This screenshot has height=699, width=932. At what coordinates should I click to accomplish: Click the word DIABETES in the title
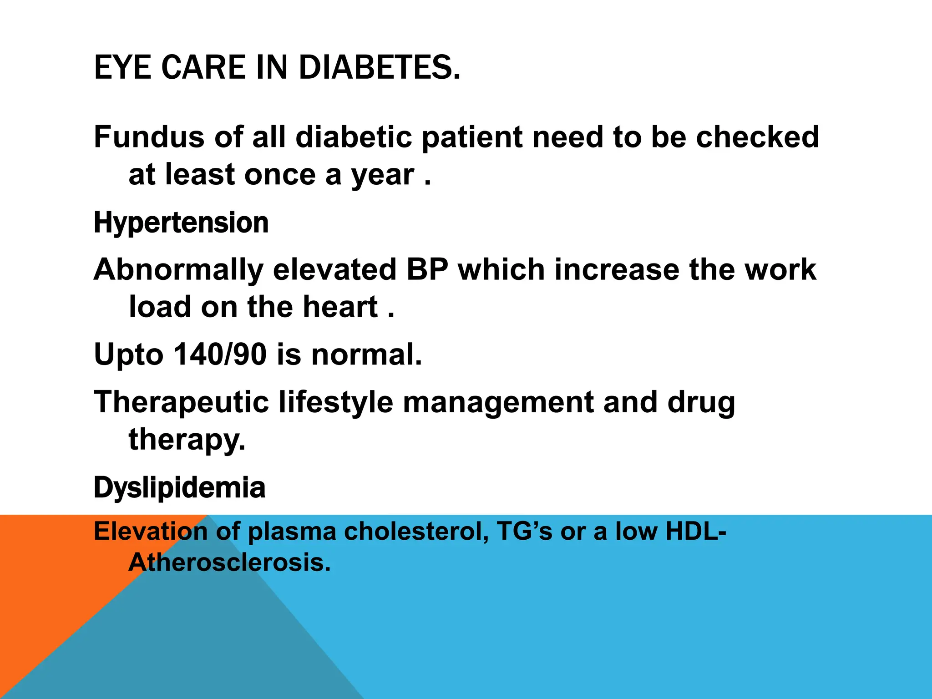tap(379, 67)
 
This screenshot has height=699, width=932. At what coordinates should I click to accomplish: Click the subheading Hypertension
tap(181, 223)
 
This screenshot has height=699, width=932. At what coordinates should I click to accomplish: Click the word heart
tap(340, 307)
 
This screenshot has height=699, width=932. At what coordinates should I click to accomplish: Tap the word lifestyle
tap(336, 402)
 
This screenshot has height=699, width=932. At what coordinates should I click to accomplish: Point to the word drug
tap(701, 403)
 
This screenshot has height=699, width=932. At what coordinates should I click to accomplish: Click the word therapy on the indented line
tap(187, 441)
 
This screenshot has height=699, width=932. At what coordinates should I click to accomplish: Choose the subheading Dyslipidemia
tap(179, 488)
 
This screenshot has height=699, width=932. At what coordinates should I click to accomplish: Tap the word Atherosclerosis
tap(229, 562)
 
